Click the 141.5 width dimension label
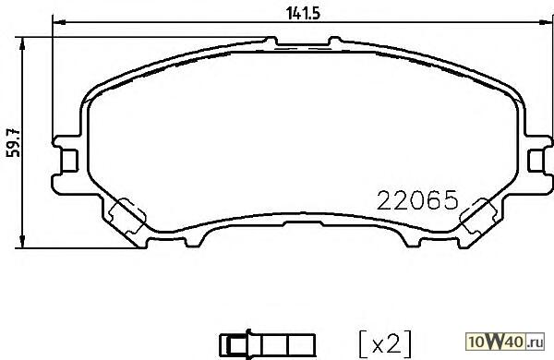pyautogui.click(x=303, y=14)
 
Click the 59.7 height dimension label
pyautogui.click(x=15, y=142)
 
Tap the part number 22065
pyautogui.click(x=417, y=200)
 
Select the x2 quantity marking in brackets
pyautogui.click(x=385, y=344)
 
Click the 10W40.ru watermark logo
pyautogui.click(x=506, y=341)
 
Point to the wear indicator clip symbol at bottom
pyautogui.click(x=267, y=344)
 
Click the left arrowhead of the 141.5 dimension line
pyautogui.click(x=59, y=22)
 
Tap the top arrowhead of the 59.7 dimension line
pyautogui.click(x=22, y=44)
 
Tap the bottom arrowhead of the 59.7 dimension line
pyautogui.click(x=22, y=241)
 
